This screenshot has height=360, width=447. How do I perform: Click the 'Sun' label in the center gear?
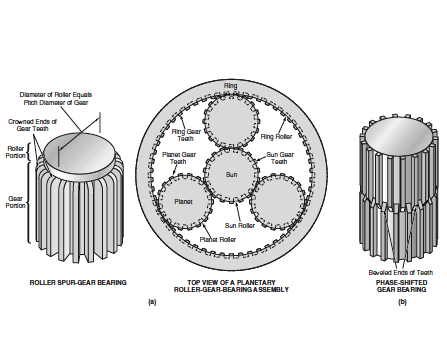click(231, 174)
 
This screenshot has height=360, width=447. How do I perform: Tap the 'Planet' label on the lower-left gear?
click(183, 202)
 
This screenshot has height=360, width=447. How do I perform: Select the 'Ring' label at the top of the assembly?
click(231, 86)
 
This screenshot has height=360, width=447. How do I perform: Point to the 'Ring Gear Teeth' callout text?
click(186, 135)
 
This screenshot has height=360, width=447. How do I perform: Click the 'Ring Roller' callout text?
click(276, 136)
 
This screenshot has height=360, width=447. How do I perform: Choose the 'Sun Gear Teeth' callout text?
click(280, 158)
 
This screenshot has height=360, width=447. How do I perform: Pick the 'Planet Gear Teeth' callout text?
click(179, 158)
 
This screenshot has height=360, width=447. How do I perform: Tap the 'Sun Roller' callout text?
click(240, 226)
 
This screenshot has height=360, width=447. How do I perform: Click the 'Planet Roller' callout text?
click(218, 239)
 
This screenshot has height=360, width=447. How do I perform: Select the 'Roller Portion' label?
click(16, 152)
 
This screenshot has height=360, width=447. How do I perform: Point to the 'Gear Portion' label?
click(15, 202)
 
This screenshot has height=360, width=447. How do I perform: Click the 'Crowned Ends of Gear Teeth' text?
click(32, 125)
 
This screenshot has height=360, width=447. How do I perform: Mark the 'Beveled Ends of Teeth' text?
click(401, 272)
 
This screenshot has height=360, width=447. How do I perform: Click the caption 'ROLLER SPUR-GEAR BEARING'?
click(78, 282)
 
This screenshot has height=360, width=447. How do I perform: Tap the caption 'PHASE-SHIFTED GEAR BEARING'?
click(402, 286)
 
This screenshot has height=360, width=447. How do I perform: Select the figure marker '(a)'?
click(152, 302)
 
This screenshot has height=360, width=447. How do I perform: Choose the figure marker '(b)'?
click(402, 302)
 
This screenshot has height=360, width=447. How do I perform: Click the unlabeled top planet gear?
click(231, 120)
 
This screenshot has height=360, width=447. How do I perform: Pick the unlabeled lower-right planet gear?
click(278, 202)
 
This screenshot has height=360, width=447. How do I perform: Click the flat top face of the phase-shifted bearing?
click(398, 137)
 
